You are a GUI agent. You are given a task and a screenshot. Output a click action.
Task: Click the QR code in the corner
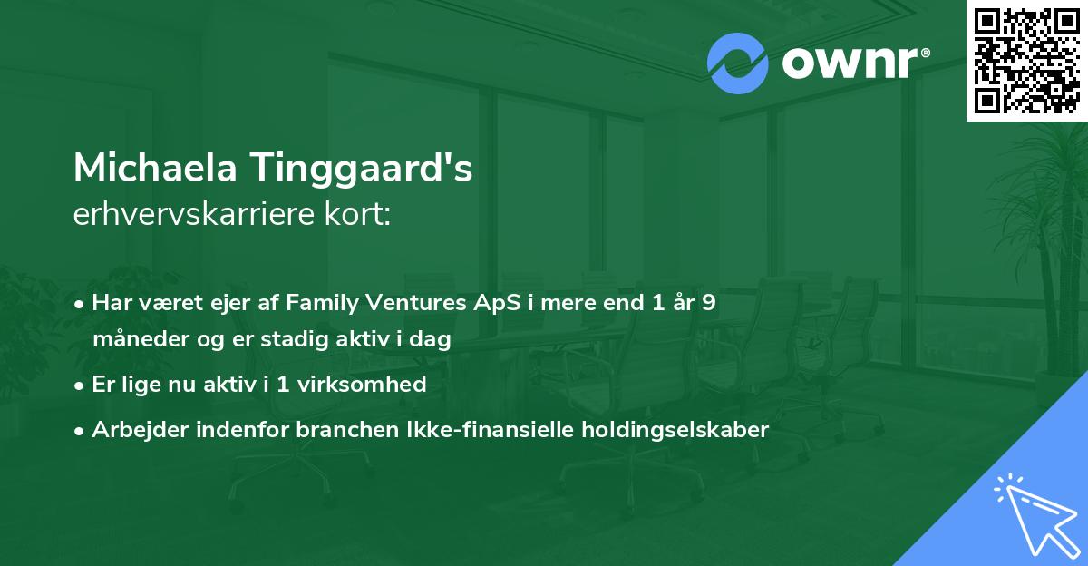point(1027,61)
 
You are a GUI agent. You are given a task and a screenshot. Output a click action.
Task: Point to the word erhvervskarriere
point(197,215)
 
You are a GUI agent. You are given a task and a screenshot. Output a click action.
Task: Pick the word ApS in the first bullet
point(487,303)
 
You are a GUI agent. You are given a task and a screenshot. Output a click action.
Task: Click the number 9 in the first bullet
point(707,302)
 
